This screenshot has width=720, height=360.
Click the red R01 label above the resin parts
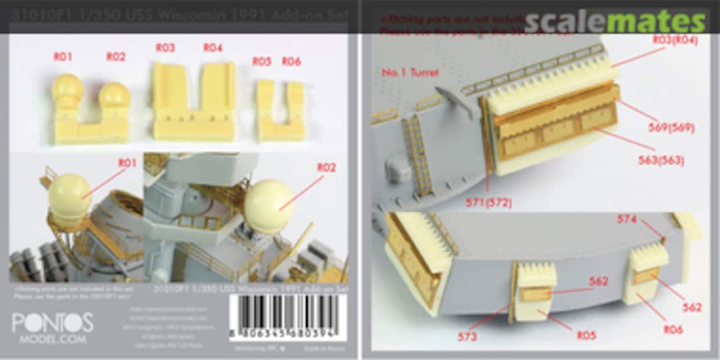pos(63,57)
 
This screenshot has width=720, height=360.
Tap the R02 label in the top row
pos(115,57)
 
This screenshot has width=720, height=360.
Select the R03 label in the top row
pos(165,48)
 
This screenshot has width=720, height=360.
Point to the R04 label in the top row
pos(213,48)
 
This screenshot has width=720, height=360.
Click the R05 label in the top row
pos(261,62)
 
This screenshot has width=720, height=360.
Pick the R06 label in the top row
pos(291,62)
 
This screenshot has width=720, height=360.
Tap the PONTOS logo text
pos(52,323)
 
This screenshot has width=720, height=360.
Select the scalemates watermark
pos(614,21)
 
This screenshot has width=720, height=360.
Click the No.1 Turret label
pos(411,72)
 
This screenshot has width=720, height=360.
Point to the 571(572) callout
pos(489,203)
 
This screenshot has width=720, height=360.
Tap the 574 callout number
pos(627,219)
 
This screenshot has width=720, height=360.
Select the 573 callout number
pos(467,337)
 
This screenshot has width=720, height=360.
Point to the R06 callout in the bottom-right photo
pos(673,329)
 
